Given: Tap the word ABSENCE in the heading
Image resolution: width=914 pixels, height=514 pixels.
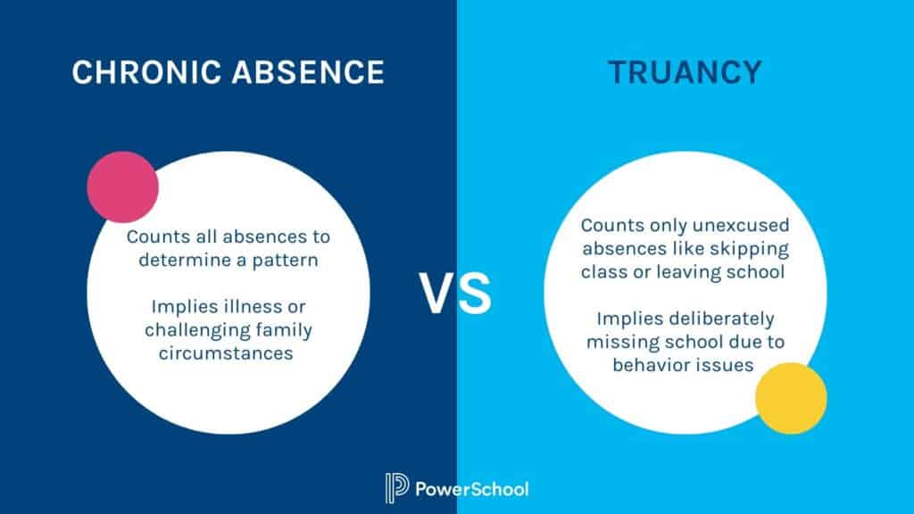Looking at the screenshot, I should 309,72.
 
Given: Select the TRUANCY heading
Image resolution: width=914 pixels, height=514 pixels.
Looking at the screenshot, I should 685,72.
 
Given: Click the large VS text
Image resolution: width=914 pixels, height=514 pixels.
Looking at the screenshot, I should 456,295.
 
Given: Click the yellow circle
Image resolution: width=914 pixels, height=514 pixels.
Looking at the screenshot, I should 791,398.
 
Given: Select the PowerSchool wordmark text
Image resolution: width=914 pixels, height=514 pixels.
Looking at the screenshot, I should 472,489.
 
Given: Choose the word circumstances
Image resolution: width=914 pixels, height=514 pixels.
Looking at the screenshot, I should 228,352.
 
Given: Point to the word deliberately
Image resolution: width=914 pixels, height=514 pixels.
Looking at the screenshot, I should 720,319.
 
